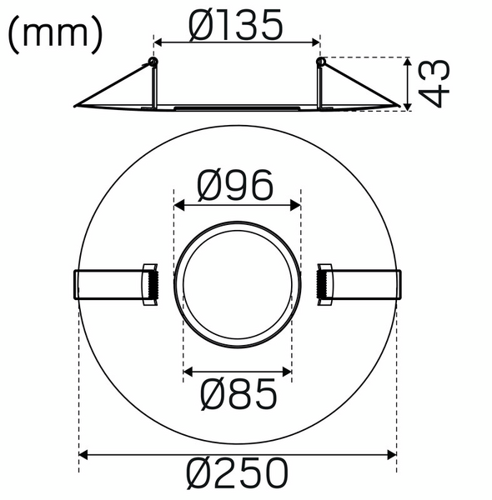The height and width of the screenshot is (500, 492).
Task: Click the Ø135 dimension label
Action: coord(236,27)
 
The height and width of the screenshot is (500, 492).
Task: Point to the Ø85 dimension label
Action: coord(238,396)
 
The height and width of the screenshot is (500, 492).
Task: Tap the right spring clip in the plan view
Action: coord(359,286)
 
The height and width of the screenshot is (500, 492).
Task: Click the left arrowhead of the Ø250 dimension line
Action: coord(83,455)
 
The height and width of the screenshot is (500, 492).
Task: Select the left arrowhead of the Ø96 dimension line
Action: coord(178,203)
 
